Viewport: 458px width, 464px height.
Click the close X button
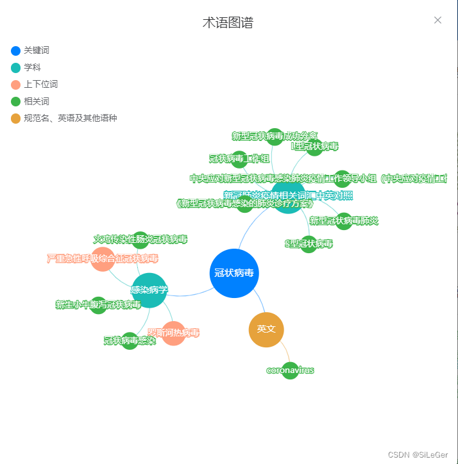[x=437, y=20]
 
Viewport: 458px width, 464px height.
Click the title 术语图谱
[x=228, y=23]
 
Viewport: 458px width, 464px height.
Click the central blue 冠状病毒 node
[x=234, y=273]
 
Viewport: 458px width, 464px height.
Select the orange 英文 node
[x=266, y=329]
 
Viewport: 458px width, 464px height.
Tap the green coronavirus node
[x=290, y=370]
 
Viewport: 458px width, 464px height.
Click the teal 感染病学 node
[x=149, y=290]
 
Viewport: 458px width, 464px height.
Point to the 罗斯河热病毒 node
[x=173, y=333]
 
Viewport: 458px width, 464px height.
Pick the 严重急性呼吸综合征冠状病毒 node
[x=103, y=259]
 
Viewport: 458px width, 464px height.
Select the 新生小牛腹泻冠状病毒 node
[x=98, y=305]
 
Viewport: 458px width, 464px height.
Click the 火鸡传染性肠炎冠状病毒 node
[x=140, y=240]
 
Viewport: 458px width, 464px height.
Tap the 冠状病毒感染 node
[x=130, y=341]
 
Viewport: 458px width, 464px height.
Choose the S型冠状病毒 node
[x=309, y=244]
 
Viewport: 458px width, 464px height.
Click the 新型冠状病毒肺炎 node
[x=344, y=221]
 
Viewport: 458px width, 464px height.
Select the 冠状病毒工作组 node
[x=239, y=159]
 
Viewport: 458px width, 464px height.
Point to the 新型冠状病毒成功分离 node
[x=275, y=137]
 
